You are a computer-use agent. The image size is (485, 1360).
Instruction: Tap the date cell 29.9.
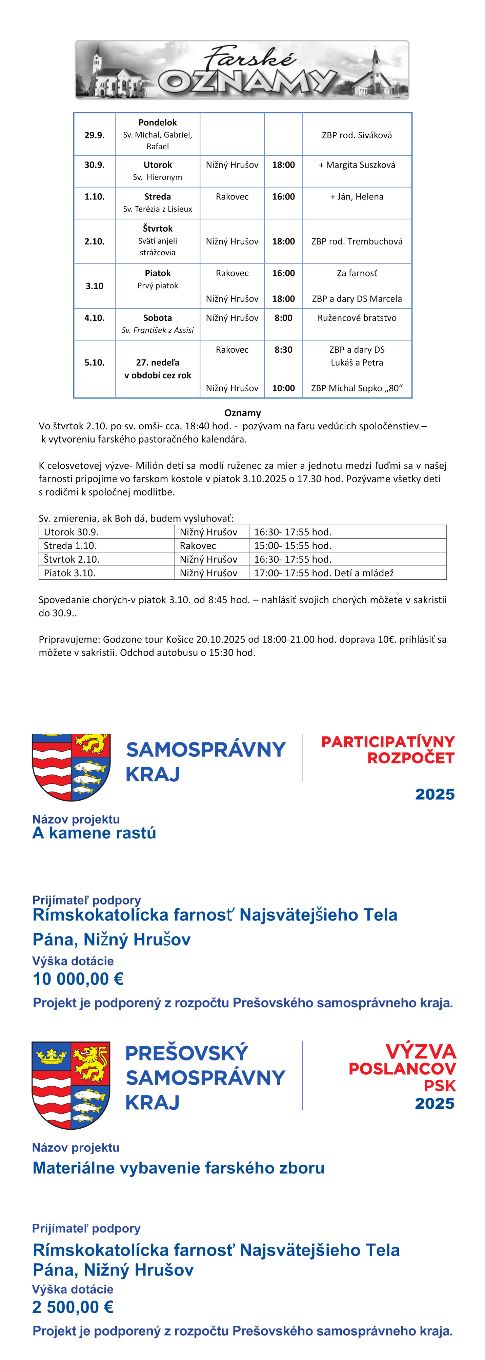point(95,135)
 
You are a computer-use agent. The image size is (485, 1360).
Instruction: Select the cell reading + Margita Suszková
point(357,165)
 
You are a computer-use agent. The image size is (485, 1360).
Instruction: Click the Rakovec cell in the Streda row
point(232,196)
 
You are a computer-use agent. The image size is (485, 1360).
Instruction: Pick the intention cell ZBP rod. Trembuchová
point(357,241)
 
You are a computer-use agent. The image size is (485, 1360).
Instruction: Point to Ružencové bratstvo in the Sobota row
point(357,318)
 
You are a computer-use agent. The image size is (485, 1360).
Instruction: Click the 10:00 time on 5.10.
point(283,388)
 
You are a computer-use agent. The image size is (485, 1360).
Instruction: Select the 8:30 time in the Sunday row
point(283,350)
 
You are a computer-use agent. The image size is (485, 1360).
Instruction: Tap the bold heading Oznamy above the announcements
point(242,413)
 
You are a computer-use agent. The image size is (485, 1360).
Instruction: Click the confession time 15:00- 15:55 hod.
point(293,545)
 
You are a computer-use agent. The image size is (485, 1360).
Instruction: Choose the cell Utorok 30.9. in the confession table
point(71,532)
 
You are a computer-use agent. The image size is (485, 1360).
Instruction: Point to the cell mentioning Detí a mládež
point(324,573)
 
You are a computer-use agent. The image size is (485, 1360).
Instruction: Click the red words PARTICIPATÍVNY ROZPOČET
point(388,750)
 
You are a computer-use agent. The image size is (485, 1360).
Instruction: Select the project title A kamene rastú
point(95,833)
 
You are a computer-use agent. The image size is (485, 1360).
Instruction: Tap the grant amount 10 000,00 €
point(78,979)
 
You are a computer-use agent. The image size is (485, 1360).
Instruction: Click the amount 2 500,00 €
point(73,1307)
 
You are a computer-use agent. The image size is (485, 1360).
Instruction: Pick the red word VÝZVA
point(421,1051)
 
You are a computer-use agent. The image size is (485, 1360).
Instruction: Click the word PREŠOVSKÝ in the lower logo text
point(186,1053)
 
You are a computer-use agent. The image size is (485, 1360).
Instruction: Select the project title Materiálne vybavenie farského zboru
point(178,1167)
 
